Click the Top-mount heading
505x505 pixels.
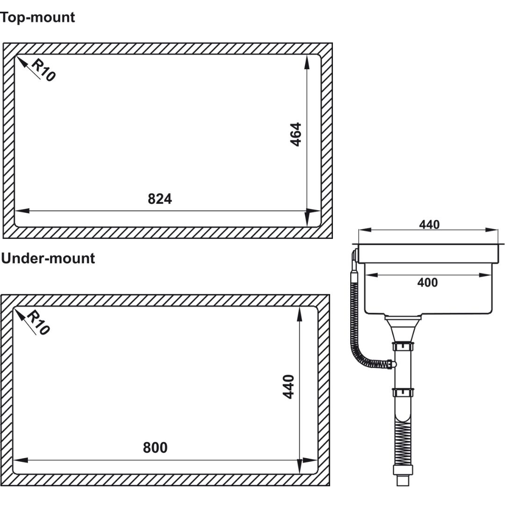pos(37,17)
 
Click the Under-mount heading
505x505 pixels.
pos(48,258)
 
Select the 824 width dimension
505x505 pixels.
pos(160,199)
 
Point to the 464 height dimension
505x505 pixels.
pos(296,134)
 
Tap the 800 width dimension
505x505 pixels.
pos(155,447)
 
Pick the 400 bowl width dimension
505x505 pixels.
pos(427,282)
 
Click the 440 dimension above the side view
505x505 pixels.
pos(429,224)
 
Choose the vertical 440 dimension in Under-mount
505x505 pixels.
pos(289,387)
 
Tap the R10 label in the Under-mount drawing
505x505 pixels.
pos(38,323)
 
